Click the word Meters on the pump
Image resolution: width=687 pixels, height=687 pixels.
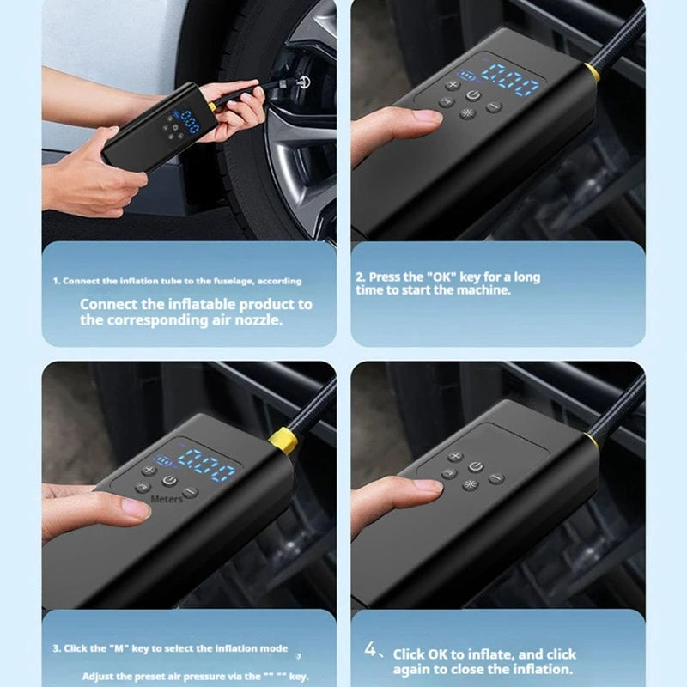tap(167, 498)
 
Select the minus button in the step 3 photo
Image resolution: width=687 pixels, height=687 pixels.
tap(191, 493)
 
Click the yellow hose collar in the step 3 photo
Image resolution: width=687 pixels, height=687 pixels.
tap(283, 441)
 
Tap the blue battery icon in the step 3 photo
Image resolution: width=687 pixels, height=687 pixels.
tap(163, 460)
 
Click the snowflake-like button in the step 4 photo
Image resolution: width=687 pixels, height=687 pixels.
tap(470, 484)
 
